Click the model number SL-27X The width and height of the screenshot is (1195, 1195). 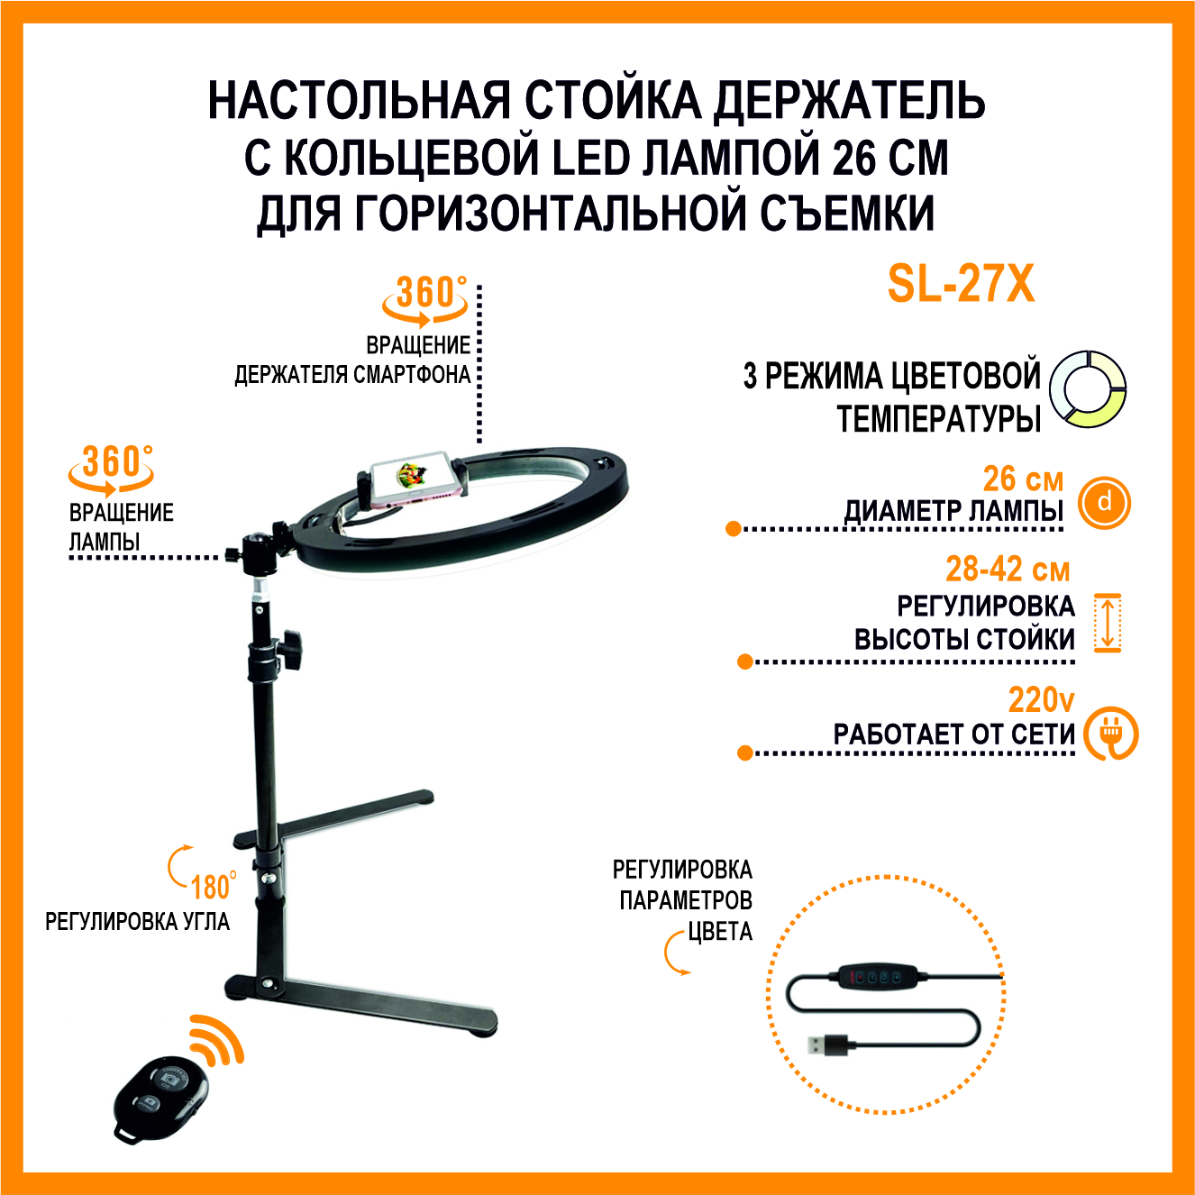[x=962, y=284]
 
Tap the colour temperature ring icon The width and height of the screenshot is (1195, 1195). [x=1088, y=388]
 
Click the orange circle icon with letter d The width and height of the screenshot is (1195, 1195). [x=1105, y=502]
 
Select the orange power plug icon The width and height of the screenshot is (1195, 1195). [x=1110, y=733]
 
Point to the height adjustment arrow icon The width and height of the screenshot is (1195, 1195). [x=1107, y=622]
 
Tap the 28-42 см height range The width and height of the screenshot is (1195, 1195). [x=1008, y=569]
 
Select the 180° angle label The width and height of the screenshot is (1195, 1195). [x=214, y=886]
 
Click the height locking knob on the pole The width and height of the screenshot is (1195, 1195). [x=292, y=649]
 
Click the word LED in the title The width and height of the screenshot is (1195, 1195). [x=591, y=158]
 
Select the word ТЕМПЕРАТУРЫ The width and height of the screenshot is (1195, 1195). [x=939, y=418]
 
